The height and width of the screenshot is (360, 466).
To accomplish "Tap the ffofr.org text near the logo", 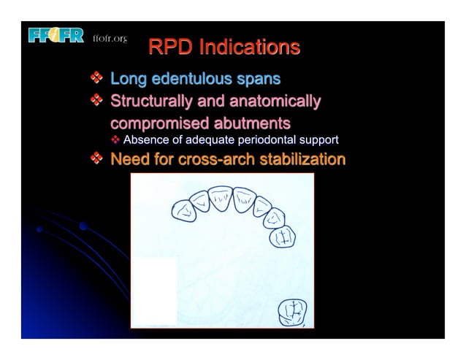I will click(110, 38).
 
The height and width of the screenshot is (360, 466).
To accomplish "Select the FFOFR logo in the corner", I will click(56, 36).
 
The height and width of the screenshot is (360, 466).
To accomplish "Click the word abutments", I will click(251, 123).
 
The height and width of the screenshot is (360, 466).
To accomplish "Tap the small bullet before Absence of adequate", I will click(115, 140).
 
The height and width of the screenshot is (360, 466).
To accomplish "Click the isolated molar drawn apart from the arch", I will click(291, 313).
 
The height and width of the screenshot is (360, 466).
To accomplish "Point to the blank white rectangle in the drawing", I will click(153, 291).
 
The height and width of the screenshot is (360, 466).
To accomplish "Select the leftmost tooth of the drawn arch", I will click(183, 211).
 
